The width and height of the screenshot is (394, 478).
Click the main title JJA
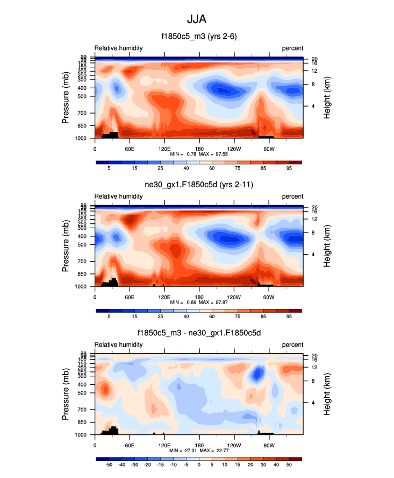click(197, 20)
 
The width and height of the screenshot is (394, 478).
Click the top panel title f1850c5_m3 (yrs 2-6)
click(199, 37)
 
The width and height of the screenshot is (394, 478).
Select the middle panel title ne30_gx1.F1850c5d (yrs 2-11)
click(199, 185)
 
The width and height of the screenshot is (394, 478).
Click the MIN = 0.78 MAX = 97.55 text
click(199, 154)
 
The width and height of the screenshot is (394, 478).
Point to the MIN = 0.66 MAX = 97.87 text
click(199, 303)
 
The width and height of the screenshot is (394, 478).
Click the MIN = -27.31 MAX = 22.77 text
click(199, 451)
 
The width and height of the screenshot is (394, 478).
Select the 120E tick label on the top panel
click(164, 148)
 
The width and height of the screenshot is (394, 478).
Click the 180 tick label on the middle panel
click(199, 297)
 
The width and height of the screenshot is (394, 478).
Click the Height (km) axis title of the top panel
click(327, 98)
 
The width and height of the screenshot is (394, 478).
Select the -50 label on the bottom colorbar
click(109, 465)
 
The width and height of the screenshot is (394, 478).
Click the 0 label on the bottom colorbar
click(199, 465)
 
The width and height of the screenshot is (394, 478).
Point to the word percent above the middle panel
click(292, 196)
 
